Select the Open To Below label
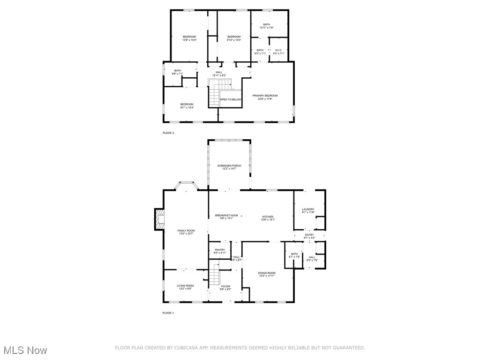coord(231,99)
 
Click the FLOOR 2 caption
coord(168,133)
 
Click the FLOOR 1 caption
coord(168,313)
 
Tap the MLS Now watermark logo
coord(25,350)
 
